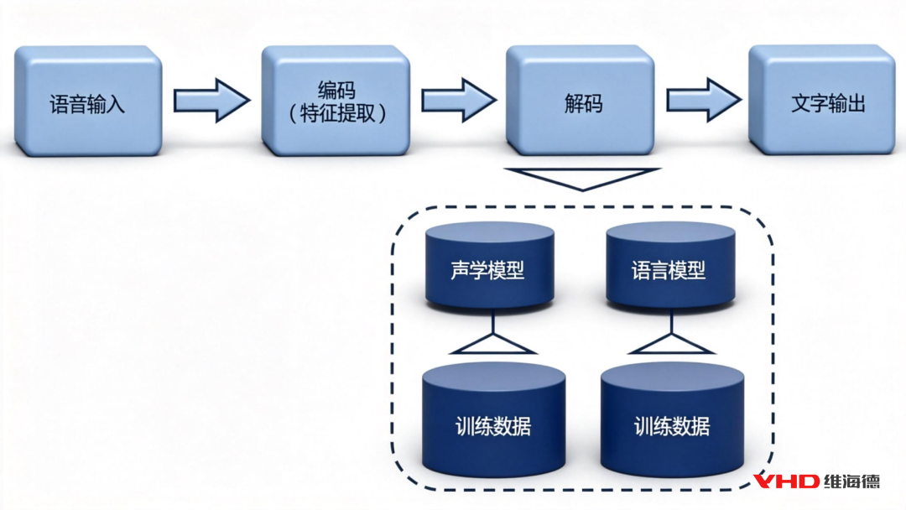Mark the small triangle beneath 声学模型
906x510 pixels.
(492, 343)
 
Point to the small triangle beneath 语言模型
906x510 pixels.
(670, 343)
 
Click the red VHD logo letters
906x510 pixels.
(785, 481)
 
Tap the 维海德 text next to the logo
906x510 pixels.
(852, 481)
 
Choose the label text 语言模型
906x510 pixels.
(669, 271)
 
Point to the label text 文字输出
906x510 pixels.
(827, 105)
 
